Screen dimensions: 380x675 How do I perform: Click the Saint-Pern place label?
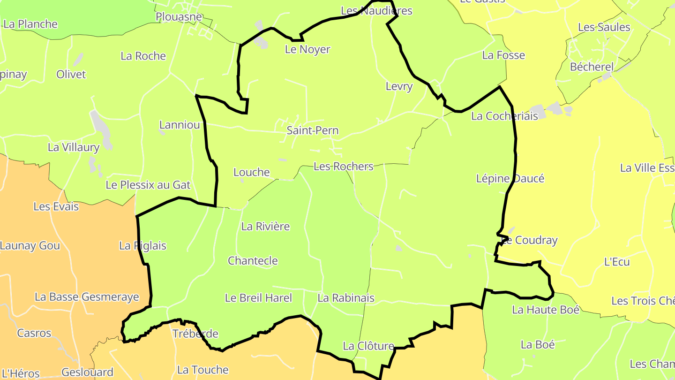tap(313, 130)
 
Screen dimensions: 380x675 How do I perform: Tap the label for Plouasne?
tap(179, 17)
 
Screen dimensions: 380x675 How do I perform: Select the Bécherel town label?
tap(591, 67)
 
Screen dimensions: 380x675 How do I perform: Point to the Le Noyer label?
tap(307, 49)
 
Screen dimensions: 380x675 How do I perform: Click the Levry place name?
tap(399, 86)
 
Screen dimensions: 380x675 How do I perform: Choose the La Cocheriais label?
tap(504, 116)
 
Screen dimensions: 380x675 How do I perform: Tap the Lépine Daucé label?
tap(510, 179)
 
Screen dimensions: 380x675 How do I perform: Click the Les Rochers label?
tap(343, 167)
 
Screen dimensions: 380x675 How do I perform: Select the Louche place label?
tap(252, 173)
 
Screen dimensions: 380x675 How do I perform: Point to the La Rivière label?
tap(265, 227)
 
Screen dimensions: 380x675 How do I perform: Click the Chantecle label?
tap(253, 261)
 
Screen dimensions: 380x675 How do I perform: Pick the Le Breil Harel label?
tap(258, 298)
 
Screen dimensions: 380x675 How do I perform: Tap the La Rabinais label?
tap(346, 298)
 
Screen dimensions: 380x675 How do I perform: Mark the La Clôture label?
tap(368, 346)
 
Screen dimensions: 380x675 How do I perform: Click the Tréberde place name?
tap(195, 334)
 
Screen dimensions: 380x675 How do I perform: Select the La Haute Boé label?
tap(546, 310)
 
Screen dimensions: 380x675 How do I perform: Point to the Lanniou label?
tap(180, 125)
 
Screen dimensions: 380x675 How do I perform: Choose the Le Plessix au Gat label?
tap(148, 185)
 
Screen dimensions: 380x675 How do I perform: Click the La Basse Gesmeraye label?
tap(87, 297)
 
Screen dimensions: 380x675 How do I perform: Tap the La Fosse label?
tap(503, 55)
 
